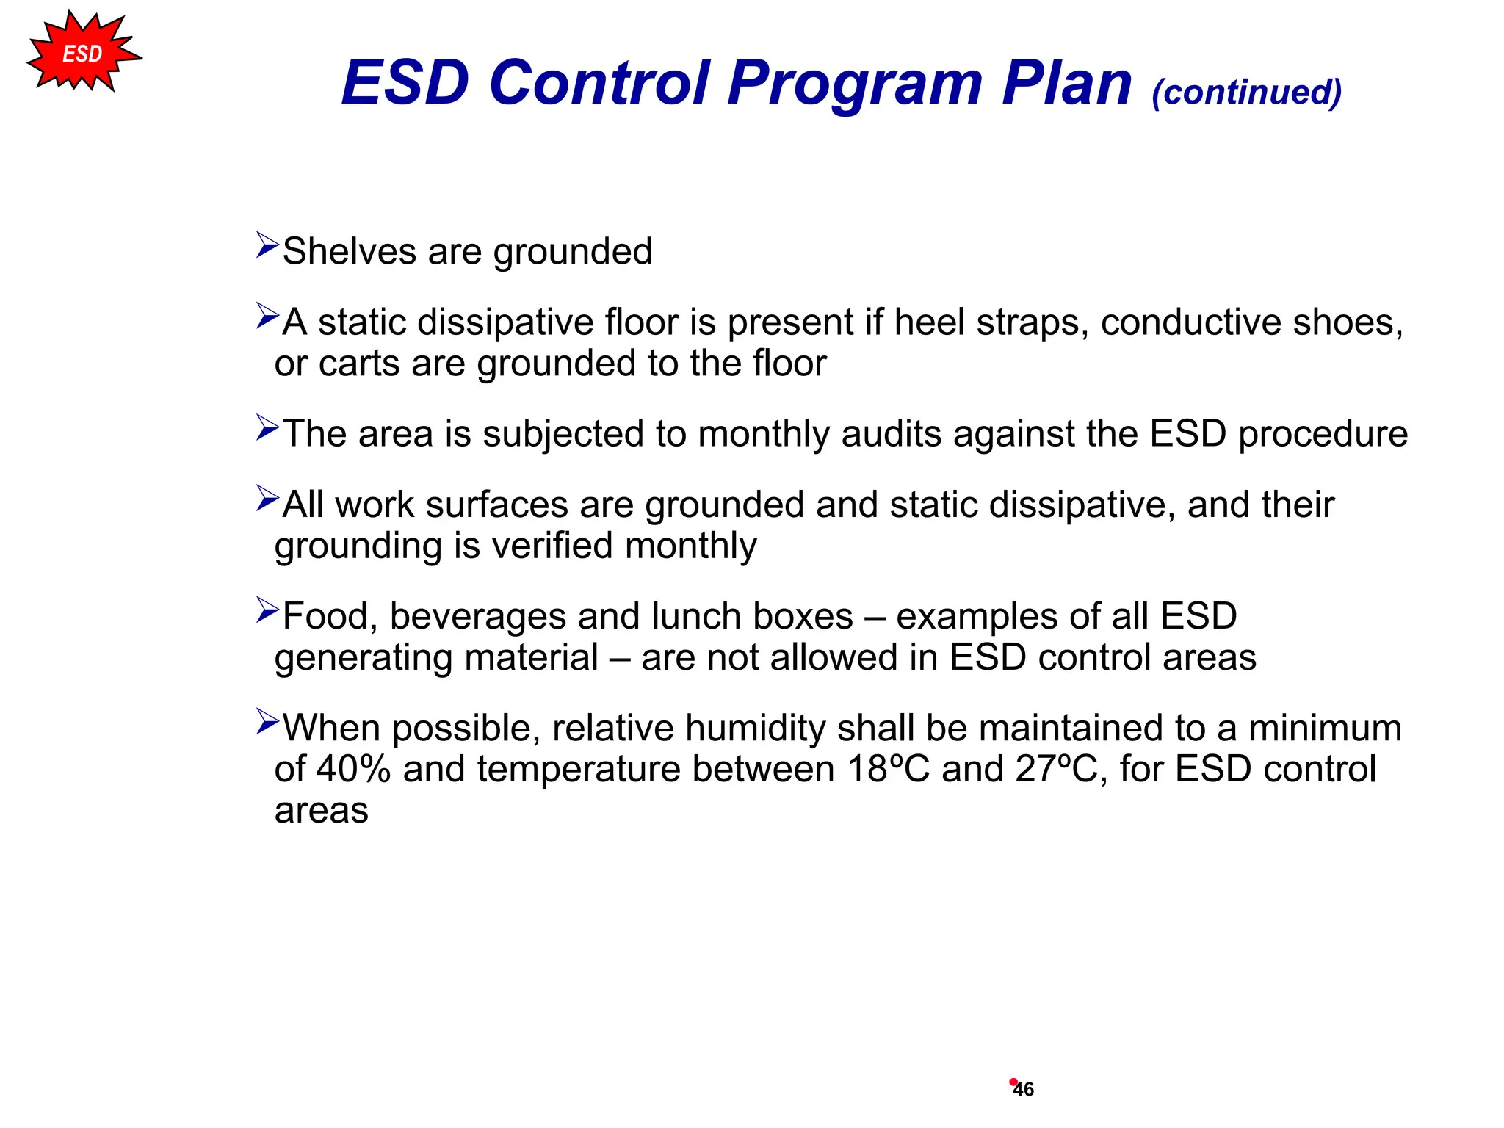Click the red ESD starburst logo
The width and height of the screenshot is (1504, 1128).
82,53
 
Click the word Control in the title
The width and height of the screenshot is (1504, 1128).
599,82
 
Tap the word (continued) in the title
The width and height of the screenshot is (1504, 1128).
1246,93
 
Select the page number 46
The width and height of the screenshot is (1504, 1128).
1023,1089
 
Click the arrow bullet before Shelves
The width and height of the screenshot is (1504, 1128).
267,245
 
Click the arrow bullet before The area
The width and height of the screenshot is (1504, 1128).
267,427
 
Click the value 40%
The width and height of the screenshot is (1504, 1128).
353,770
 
